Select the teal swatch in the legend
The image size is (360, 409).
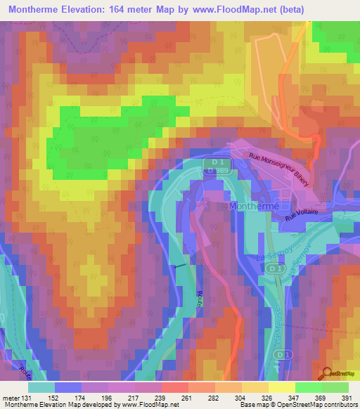(41, 387)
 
